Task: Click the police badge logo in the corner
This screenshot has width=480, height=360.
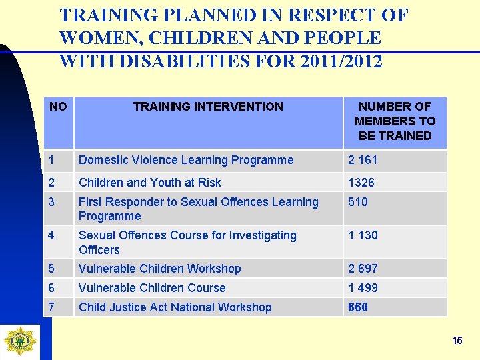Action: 20,340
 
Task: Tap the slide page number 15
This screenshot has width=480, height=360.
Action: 457,341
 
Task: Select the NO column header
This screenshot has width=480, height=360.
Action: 58,107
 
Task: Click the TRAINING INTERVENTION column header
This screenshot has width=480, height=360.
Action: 208,107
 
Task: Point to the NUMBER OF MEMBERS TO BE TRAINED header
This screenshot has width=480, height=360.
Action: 395,121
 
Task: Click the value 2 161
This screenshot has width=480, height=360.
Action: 363,160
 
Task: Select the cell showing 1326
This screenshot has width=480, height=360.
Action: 361,183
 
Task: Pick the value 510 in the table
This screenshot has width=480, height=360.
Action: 358,202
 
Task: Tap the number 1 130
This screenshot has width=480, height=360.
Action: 363,235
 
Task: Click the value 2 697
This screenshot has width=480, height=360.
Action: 363,269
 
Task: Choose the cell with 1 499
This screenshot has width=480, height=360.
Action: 363,288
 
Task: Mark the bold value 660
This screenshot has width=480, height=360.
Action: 358,307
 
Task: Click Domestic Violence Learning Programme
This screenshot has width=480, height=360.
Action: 186,160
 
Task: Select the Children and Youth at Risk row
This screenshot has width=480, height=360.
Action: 150,183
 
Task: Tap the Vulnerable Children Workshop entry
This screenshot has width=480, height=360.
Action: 160,269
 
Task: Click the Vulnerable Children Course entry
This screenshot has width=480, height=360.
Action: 152,288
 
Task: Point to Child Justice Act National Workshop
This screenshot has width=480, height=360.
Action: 175,307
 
